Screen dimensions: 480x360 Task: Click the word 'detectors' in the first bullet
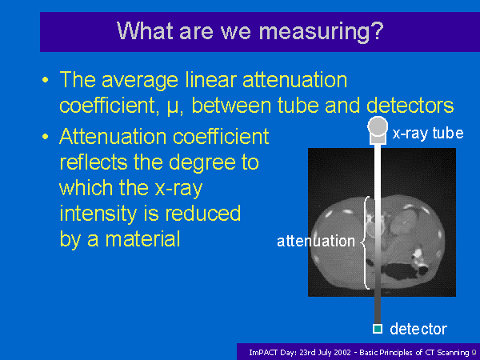tap(410, 105)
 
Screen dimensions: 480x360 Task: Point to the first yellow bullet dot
tap(46, 80)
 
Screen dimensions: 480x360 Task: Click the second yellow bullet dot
tap(46, 137)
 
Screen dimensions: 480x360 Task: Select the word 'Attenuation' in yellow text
tap(114, 136)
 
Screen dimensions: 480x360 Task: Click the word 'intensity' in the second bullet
tap(98, 214)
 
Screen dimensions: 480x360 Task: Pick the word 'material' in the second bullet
tap(142, 239)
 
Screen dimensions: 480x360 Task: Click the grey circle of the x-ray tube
tap(378, 126)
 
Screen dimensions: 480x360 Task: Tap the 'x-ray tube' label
tap(428, 133)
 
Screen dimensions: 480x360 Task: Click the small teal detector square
tap(378, 329)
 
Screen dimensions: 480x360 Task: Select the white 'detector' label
tap(418, 329)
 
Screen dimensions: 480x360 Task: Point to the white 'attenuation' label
tap(316, 242)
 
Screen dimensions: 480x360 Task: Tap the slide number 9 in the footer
tap(474, 353)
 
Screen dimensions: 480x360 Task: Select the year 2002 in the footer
tap(341, 353)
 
